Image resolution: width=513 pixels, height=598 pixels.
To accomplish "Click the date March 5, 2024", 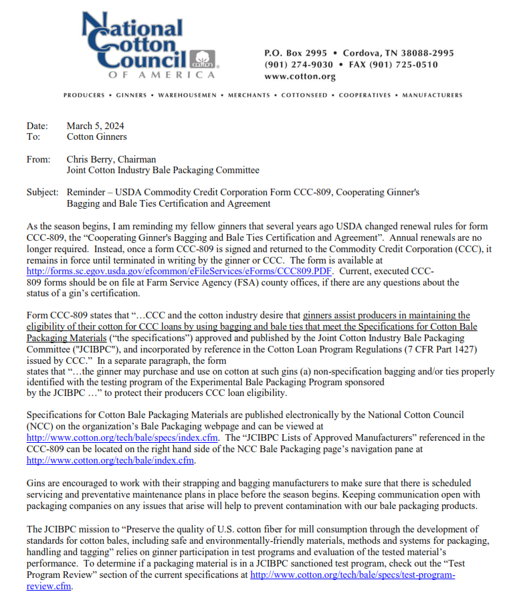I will pyautogui.click(x=95, y=126).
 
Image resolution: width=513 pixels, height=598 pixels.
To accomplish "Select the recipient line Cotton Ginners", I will pyautogui.click(x=96, y=136).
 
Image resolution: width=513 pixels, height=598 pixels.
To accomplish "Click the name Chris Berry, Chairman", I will pyautogui.click(x=111, y=159).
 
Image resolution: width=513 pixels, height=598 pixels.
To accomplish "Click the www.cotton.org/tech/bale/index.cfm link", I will pyautogui.click(x=110, y=460).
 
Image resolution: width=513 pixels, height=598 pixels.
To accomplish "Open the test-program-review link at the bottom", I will pyautogui.click(x=352, y=575).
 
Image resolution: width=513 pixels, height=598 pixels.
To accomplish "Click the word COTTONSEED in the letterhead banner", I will pyautogui.click(x=305, y=96).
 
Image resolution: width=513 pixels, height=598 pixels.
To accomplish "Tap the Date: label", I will pyautogui.click(x=37, y=126).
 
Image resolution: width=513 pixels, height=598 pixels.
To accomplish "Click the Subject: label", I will pyautogui.click(x=42, y=192).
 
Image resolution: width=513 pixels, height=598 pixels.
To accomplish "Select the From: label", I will pyautogui.click(x=38, y=159).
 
